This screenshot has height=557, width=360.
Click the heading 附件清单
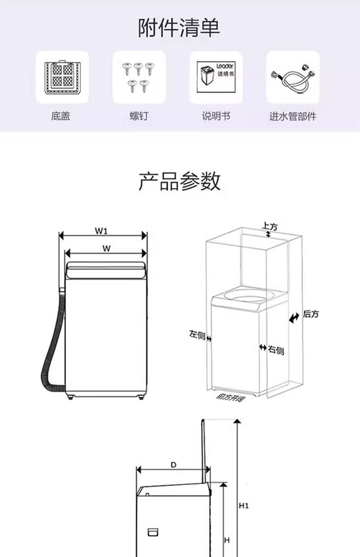180,27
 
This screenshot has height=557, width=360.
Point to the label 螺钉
139,116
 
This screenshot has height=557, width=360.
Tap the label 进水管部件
293,116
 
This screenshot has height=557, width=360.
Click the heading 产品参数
180,181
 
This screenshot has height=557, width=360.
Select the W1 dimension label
101,231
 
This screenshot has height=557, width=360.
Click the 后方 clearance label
311,314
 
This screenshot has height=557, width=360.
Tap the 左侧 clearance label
197,334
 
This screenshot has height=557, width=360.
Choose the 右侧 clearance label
276,351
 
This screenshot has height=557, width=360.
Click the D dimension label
173,465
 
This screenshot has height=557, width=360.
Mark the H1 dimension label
244,506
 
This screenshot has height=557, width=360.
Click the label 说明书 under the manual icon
216,116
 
